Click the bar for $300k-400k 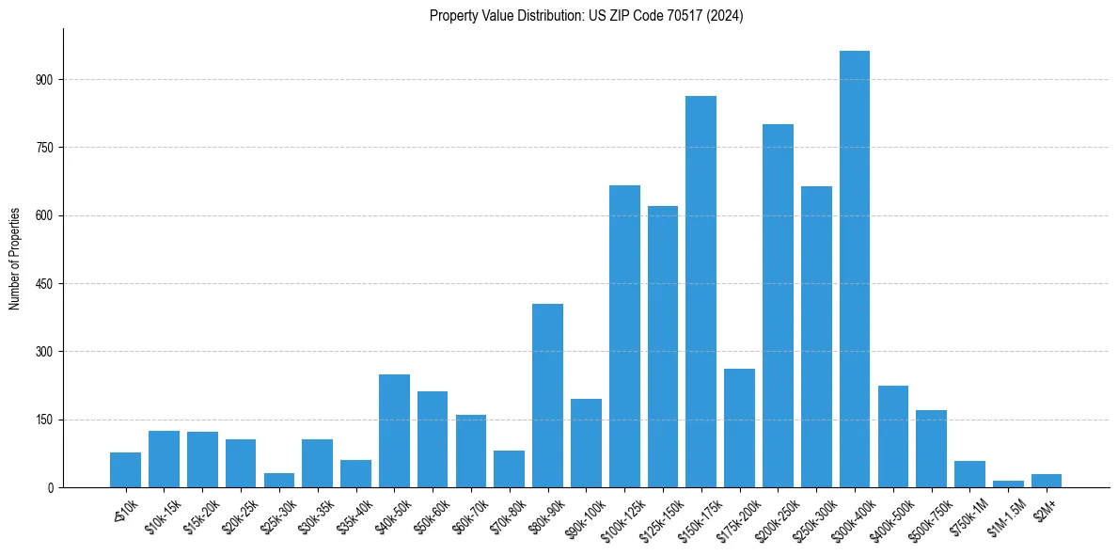(x=854, y=269)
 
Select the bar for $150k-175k (x=701, y=292)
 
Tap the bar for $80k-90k (x=547, y=395)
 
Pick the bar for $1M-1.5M (x=1008, y=484)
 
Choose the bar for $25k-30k (x=278, y=480)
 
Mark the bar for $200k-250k (x=778, y=306)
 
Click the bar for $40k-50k (x=394, y=431)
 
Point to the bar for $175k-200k (x=739, y=428)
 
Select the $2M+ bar (x=1047, y=481)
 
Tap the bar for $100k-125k (x=624, y=336)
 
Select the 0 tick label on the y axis (x=55, y=488)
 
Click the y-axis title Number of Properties (x=15, y=258)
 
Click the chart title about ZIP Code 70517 (x=586, y=16)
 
